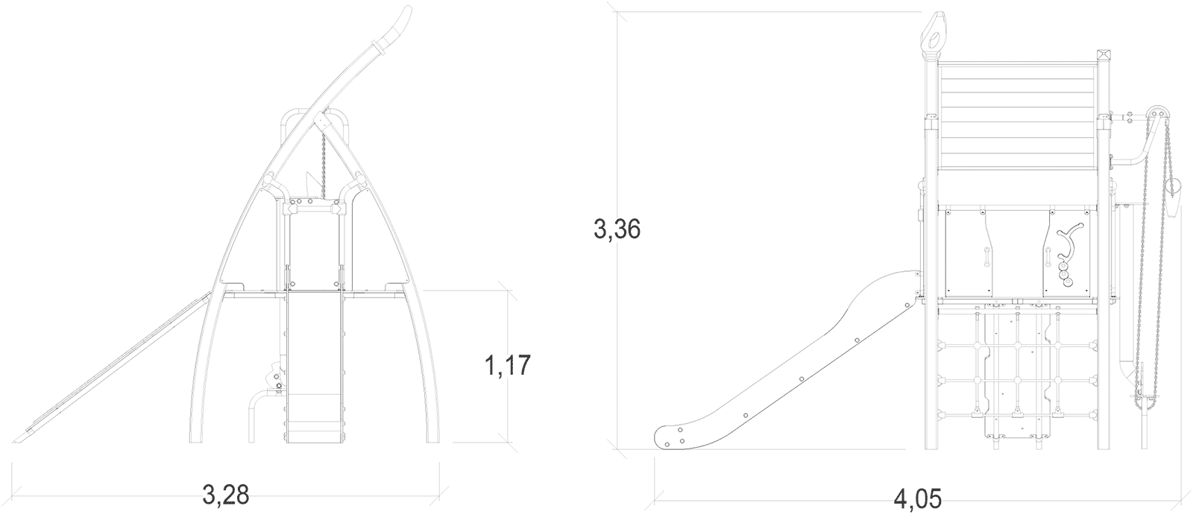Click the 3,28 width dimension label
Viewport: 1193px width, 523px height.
pos(225,495)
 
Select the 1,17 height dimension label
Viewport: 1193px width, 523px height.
pos(508,366)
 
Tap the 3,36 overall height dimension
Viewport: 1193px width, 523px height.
pos(617,229)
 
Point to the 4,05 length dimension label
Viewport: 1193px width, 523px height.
pos(918,499)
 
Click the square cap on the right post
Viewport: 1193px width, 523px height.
pos(1103,56)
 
